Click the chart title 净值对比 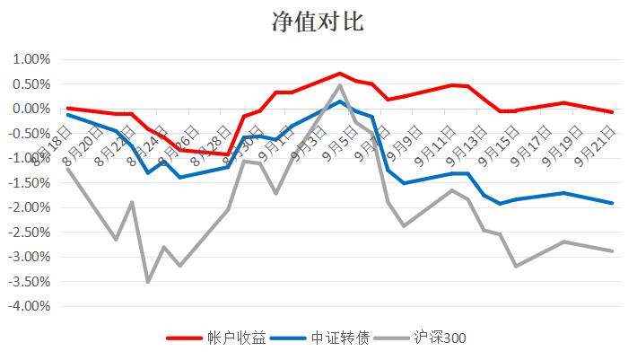point(318,22)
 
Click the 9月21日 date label point(595,147)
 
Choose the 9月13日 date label point(467,147)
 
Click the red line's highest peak point(340,74)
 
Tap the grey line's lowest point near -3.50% point(148,282)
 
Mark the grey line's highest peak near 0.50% point(340,85)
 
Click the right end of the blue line point(612,203)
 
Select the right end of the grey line point(612,250)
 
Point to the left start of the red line point(68,108)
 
